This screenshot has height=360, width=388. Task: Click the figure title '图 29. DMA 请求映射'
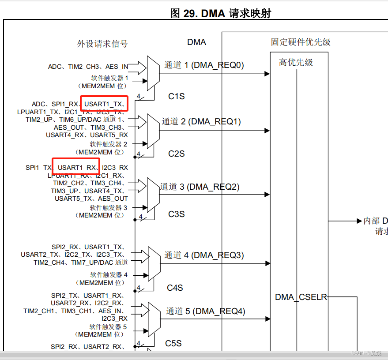(x=220, y=13)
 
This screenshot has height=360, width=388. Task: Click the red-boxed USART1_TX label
(x=104, y=104)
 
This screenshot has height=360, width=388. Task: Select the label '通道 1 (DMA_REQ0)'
(x=204, y=65)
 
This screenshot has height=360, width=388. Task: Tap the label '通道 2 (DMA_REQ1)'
(x=201, y=121)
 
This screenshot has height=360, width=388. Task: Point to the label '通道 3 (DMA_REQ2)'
(x=200, y=187)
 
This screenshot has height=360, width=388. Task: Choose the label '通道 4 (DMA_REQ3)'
(x=204, y=255)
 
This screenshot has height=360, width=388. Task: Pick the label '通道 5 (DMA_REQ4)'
(x=205, y=311)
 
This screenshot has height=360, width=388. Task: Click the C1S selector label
(x=176, y=96)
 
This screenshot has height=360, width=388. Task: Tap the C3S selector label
(x=176, y=214)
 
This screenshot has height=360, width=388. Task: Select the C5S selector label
(x=173, y=343)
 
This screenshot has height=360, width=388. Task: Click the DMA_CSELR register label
(x=301, y=297)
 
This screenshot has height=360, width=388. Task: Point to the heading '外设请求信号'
(x=102, y=44)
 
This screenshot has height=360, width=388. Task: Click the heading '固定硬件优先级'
(x=301, y=42)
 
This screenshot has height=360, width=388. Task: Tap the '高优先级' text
(x=296, y=63)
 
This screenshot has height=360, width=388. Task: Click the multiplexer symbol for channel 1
(x=153, y=72)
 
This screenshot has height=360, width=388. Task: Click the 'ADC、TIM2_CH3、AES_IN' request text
(x=88, y=67)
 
